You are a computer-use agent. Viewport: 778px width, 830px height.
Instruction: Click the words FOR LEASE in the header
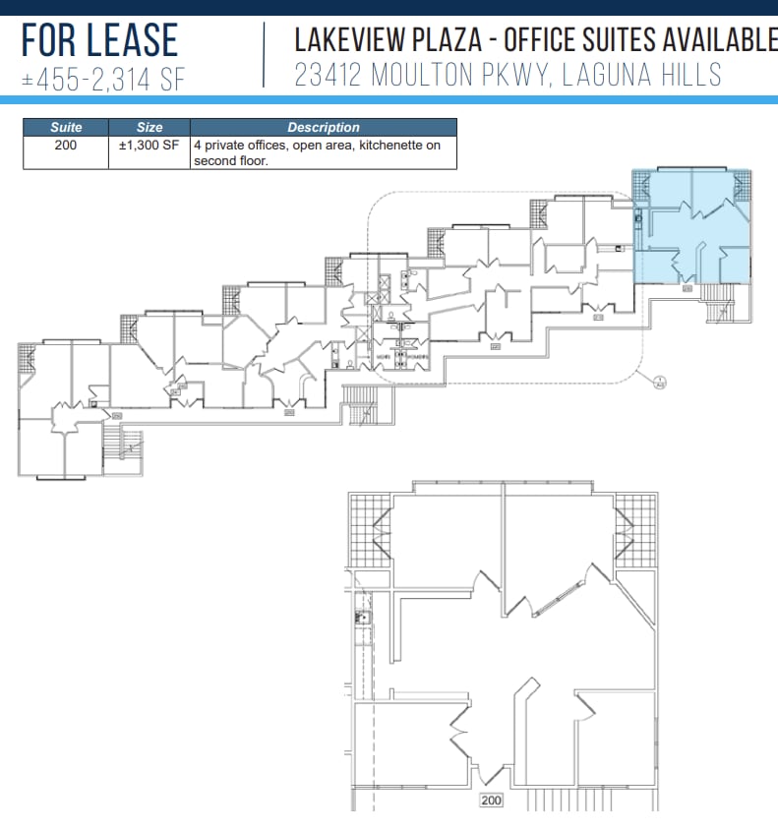pyautogui.click(x=100, y=40)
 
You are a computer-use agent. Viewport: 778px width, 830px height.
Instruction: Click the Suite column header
pyautogui.click(x=66, y=127)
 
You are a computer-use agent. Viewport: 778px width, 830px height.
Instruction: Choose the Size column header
pyautogui.click(x=150, y=127)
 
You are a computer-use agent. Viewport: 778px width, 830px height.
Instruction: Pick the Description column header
pyautogui.click(x=324, y=127)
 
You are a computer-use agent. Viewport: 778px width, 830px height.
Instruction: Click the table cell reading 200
pyautogui.click(x=66, y=145)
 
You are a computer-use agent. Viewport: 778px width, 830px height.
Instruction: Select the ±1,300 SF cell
pyautogui.click(x=150, y=145)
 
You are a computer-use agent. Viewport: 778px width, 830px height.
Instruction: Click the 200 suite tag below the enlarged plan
pyautogui.click(x=491, y=800)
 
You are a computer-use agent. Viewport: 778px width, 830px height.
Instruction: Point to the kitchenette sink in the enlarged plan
pyautogui.click(x=361, y=619)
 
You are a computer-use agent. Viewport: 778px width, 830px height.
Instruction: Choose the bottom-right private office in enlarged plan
pyautogui.click(x=615, y=738)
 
